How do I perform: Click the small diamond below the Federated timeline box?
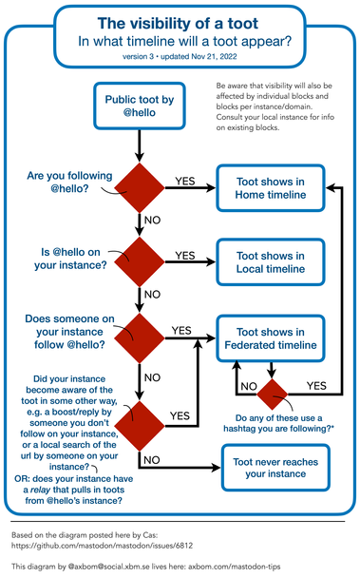tap(273, 392)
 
